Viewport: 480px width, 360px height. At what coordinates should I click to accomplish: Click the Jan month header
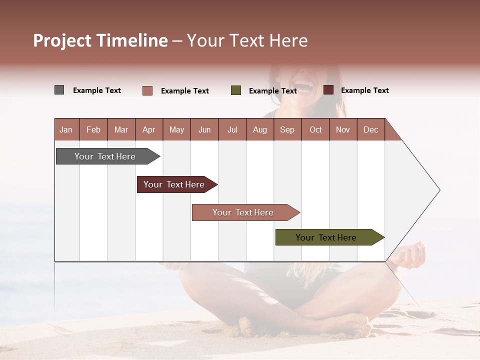point(66,129)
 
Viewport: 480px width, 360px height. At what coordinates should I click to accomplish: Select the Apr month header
point(148,129)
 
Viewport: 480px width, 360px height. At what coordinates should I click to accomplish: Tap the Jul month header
point(232,129)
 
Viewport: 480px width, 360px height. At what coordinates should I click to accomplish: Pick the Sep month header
point(287,129)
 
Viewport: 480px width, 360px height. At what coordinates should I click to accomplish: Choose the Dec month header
point(370,129)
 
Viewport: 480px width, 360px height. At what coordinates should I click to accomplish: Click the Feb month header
point(93,129)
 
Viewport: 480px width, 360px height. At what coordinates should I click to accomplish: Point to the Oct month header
point(315,129)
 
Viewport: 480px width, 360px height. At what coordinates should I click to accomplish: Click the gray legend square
point(59,90)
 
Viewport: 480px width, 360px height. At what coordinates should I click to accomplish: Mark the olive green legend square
point(236,90)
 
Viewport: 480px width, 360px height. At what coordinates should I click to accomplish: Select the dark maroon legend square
point(328,90)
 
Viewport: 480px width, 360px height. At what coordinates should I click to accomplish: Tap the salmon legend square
point(147,90)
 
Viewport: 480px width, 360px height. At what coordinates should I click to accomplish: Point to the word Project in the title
point(62,40)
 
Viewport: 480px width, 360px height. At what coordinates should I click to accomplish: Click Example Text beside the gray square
point(97,90)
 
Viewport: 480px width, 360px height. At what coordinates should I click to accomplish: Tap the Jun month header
point(204,129)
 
